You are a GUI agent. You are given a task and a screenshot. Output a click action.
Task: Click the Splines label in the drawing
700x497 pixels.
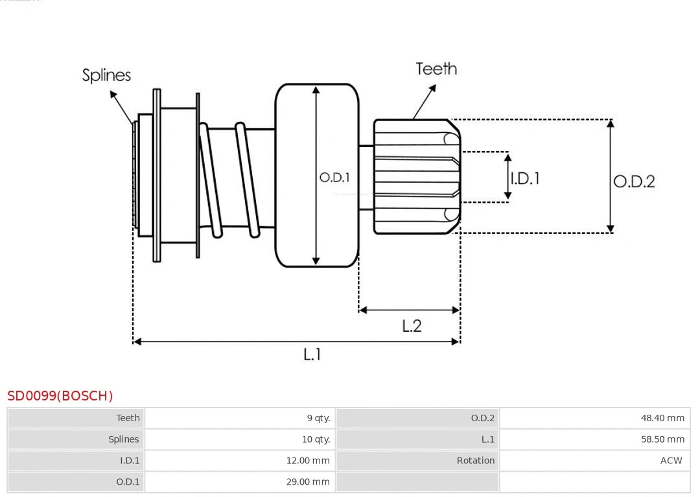[x=106, y=75]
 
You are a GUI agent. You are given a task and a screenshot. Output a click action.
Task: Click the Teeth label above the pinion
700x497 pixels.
[x=436, y=69]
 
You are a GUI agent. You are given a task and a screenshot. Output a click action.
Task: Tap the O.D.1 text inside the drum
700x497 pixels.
[x=334, y=177]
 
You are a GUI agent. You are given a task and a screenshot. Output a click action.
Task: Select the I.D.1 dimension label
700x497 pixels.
[x=525, y=178]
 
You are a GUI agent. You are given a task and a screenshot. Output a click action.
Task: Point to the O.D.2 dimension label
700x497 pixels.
[x=634, y=181]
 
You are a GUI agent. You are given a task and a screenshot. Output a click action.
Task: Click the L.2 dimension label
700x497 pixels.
[x=412, y=325]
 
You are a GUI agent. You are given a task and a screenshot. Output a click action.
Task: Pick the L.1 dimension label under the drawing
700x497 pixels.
[x=312, y=354]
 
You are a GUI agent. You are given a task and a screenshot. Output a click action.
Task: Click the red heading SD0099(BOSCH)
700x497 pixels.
[x=60, y=396]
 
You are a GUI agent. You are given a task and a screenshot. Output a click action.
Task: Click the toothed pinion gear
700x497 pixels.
[x=415, y=176]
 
